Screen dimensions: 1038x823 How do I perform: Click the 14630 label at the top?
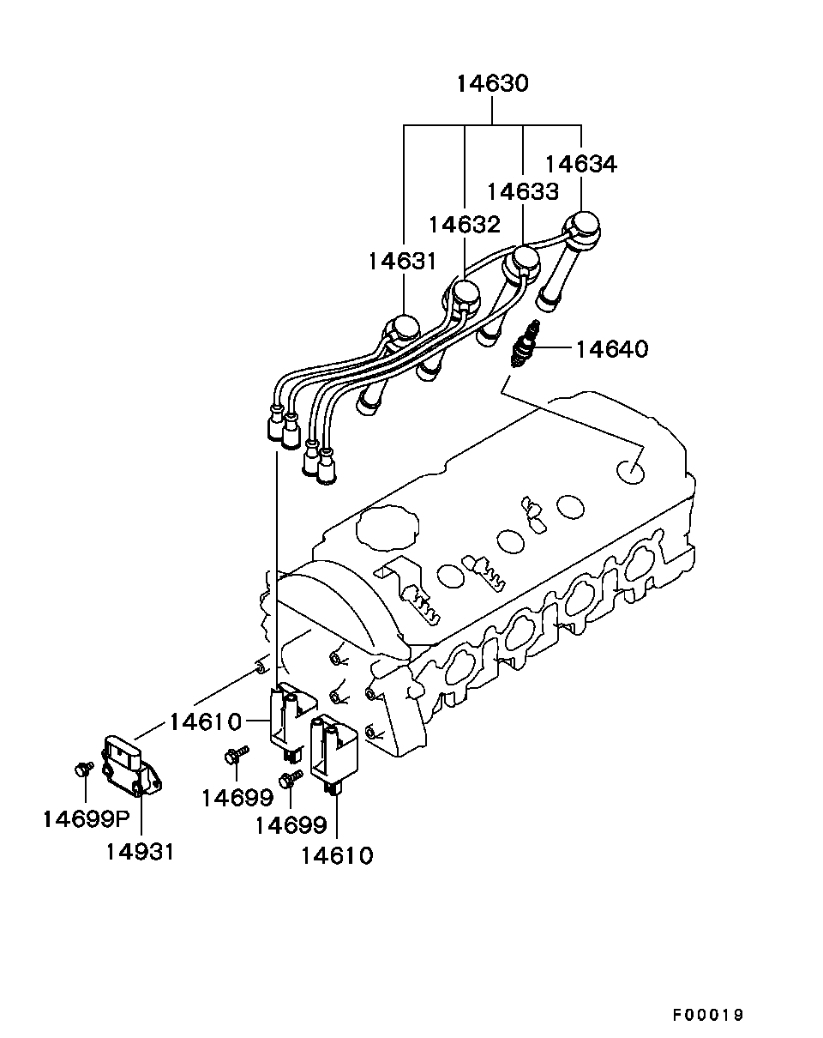(492, 84)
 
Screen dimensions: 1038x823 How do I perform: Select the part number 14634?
(580, 164)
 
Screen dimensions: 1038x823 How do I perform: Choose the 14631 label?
(404, 261)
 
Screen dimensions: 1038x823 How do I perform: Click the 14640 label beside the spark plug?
(611, 349)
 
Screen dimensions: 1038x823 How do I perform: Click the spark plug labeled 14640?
(524, 348)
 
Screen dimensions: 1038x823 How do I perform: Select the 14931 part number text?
(141, 852)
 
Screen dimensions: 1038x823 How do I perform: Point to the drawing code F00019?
(707, 1015)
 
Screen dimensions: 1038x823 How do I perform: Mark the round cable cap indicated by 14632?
(465, 294)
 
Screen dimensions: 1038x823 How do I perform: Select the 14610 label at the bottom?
(337, 855)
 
